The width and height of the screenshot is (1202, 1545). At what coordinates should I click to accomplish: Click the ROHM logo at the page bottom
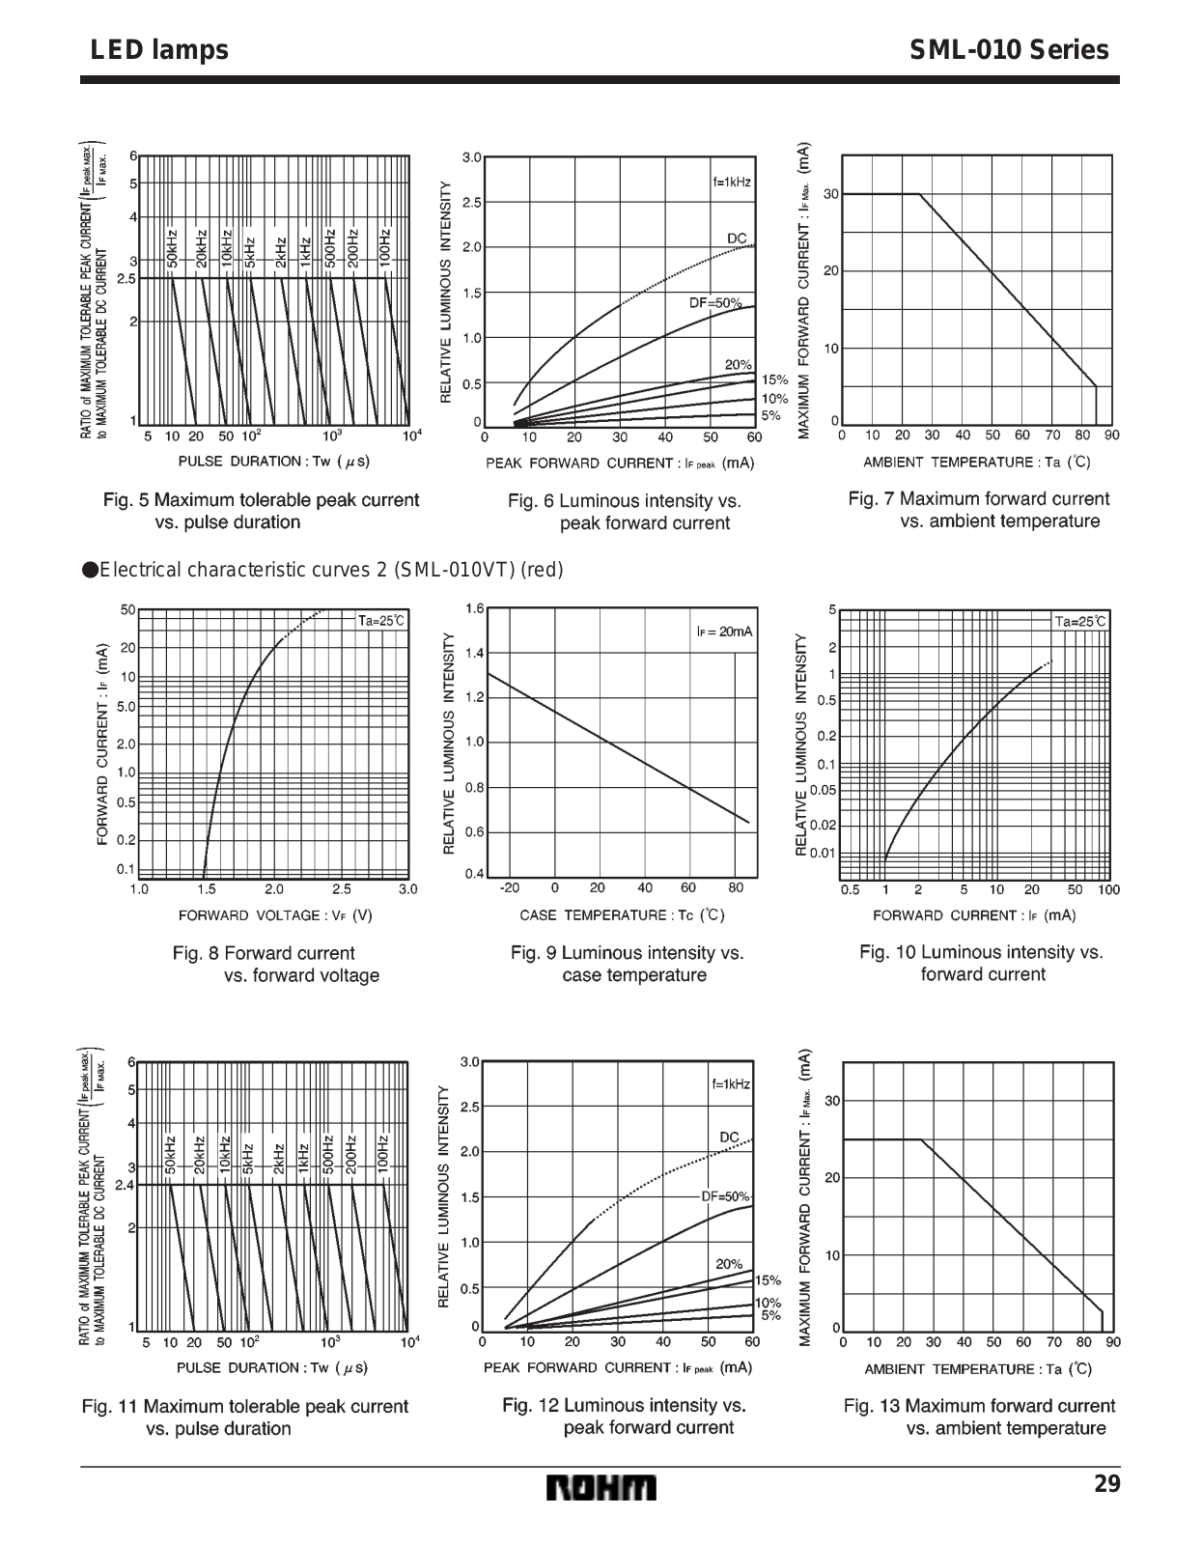pyautogui.click(x=601, y=1488)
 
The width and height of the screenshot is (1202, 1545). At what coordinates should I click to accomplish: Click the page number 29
pyautogui.click(x=1107, y=1484)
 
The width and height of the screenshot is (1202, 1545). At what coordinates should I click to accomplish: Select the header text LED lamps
pyautogui.click(x=159, y=50)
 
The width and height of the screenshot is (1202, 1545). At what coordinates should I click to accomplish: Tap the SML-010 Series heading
pyautogui.click(x=1009, y=50)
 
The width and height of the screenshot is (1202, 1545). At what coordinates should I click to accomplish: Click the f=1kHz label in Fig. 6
pyautogui.click(x=732, y=182)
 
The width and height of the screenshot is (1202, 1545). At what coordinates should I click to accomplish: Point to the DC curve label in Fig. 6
pyautogui.click(x=737, y=238)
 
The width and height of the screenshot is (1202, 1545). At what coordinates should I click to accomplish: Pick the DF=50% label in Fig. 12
pyautogui.click(x=724, y=1196)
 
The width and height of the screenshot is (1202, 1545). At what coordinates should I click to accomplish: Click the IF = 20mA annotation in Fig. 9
pyautogui.click(x=724, y=632)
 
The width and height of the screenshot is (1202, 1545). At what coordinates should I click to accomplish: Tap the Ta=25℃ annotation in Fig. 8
pyautogui.click(x=382, y=620)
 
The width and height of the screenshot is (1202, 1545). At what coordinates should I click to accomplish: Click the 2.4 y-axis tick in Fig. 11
pyautogui.click(x=125, y=1184)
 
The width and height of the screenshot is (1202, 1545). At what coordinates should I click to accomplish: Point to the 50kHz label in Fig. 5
pyautogui.click(x=171, y=248)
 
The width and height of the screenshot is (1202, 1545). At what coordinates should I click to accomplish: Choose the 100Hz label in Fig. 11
pyautogui.click(x=382, y=1152)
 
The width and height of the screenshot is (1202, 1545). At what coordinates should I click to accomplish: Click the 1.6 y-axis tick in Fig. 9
pyautogui.click(x=474, y=608)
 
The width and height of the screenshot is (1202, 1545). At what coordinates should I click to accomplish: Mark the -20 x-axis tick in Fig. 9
pyautogui.click(x=509, y=887)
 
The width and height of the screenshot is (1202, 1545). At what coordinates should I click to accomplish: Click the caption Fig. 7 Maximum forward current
pyautogui.click(x=979, y=498)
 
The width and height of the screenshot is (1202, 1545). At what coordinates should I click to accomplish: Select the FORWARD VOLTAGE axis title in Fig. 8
pyautogui.click(x=275, y=915)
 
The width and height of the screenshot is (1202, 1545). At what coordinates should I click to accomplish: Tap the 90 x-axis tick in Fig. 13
pyautogui.click(x=1113, y=1341)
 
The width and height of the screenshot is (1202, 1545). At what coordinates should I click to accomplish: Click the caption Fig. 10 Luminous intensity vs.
pyautogui.click(x=981, y=952)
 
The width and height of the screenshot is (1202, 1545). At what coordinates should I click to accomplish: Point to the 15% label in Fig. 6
pyautogui.click(x=774, y=380)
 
